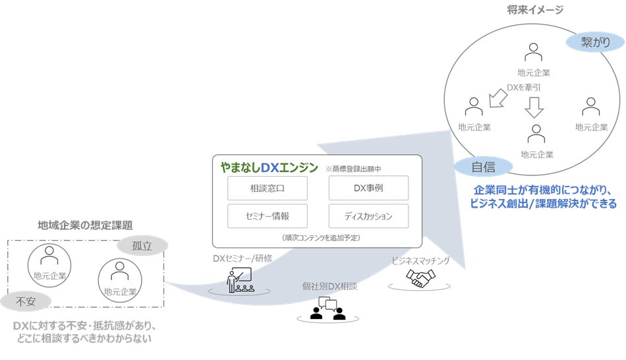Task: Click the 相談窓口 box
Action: pyautogui.click(x=268, y=188)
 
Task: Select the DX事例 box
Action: pyautogui.click(x=368, y=188)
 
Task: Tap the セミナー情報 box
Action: pyautogui.click(x=268, y=216)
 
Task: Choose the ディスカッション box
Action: pyautogui.click(x=368, y=216)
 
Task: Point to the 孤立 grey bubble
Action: pyautogui.click(x=142, y=246)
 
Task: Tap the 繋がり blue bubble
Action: pyautogui.click(x=595, y=42)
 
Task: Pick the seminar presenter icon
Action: pyautogui.click(x=240, y=280)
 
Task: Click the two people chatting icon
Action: pyautogui.click(x=327, y=307)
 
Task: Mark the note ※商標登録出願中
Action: pyautogui.click(x=353, y=168)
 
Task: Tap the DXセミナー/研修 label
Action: pyautogui.click(x=242, y=258)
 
